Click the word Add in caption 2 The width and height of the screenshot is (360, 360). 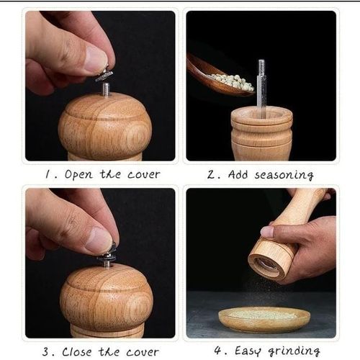[x=238, y=174]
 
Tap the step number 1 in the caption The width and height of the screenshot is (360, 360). [x=48, y=174]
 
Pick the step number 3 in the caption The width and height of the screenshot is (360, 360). [x=45, y=351]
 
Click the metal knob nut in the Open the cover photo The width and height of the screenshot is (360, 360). [x=104, y=75]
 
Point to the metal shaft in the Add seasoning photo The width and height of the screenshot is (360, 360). [x=261, y=86]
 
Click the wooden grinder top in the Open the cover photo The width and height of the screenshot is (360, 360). [x=104, y=126]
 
